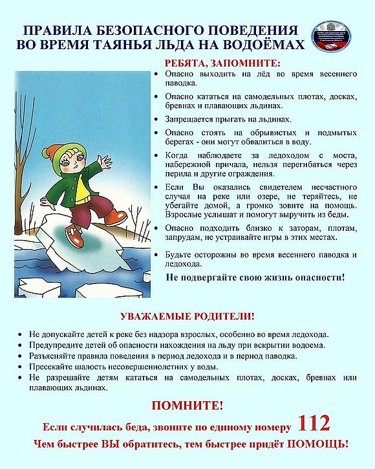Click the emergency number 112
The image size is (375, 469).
pos(314,424)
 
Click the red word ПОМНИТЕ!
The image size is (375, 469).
pos(187,406)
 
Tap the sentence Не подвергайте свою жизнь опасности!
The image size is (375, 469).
pos(255,277)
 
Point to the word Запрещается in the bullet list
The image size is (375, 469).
pos(188,119)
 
